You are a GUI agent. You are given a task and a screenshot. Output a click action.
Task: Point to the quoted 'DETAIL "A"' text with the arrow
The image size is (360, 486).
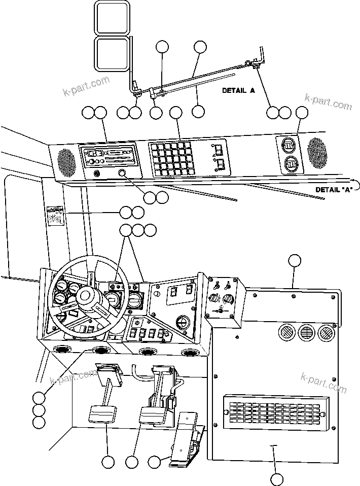pyautogui.click(x=333, y=189)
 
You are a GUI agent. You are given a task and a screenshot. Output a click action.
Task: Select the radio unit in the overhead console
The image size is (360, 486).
pyautogui.click(x=107, y=155)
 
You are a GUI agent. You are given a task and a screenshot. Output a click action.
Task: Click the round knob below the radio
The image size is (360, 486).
pyautogui.click(x=122, y=175)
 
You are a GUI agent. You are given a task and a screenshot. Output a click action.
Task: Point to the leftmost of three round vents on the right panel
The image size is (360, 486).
pyautogui.click(x=285, y=333)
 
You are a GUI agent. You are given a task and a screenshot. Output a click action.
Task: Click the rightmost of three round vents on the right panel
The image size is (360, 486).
pyautogui.click(x=325, y=333)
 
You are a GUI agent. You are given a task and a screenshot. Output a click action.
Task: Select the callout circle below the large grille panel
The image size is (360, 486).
pyautogui.click(x=277, y=478)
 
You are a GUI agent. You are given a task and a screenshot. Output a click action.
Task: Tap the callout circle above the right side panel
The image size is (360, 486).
pyautogui.click(x=295, y=261)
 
